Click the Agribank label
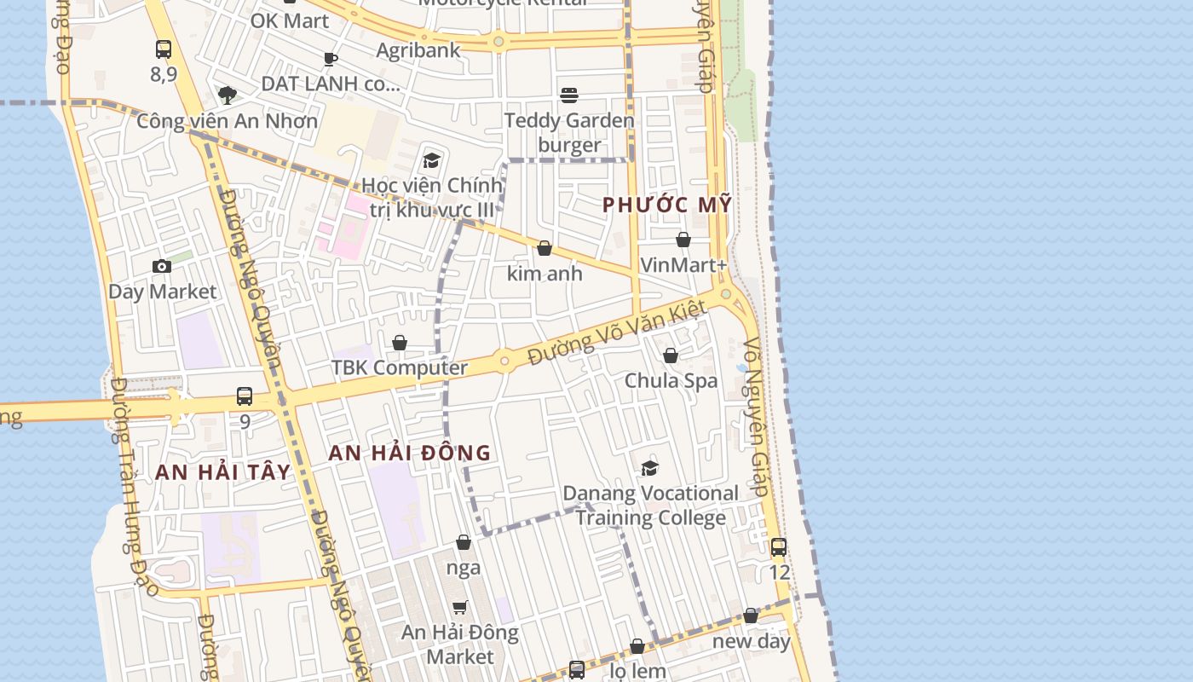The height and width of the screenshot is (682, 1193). coord(418,50)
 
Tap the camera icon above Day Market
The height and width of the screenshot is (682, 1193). coord(162,267)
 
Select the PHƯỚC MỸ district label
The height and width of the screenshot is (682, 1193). coord(667,205)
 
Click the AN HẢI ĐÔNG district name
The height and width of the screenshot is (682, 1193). coord(411,453)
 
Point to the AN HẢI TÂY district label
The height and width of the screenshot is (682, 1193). coord(223,471)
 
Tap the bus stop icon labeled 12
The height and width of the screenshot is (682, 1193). coord(779,547)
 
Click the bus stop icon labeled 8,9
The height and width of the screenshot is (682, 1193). coord(164,49)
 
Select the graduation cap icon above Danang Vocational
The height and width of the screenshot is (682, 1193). coord(650,468)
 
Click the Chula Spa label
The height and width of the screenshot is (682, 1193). coord(671,380)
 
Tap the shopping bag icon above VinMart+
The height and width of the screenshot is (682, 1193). coord(683,240)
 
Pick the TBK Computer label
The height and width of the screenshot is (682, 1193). coord(400,368)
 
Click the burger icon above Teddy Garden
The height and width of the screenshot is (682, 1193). coord(569,95)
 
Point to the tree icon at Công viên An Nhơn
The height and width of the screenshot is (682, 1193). coord(227,95)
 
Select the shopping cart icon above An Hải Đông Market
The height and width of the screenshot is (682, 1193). coord(460,607)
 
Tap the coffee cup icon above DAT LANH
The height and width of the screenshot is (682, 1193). coord(331,59)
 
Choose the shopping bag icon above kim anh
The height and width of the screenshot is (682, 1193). coord(545,249)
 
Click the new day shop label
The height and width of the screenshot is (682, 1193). coord(752,641)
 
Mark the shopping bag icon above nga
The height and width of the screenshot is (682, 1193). coord(464,542)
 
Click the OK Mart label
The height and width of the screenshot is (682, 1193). coord(290,20)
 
